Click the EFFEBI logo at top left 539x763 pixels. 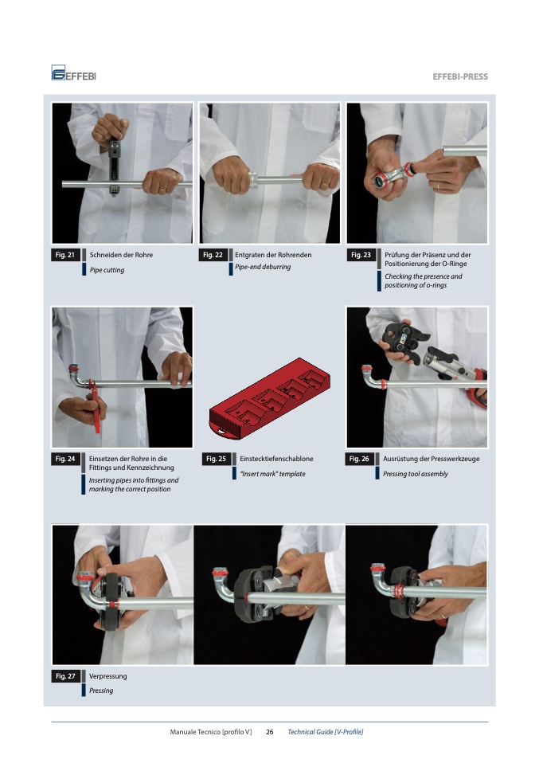coord(73,73)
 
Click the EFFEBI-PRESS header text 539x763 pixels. coord(459,76)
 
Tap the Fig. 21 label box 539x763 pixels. coord(65,255)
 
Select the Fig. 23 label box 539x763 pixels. coord(361,255)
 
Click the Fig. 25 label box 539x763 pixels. coord(216,459)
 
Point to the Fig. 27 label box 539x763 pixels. coord(65,676)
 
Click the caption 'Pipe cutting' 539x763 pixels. coord(107,270)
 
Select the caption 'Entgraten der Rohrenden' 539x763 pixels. coord(273,255)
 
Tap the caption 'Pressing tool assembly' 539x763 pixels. coord(416,474)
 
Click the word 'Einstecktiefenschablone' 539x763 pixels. coord(276,459)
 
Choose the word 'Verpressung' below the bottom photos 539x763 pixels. coord(108,676)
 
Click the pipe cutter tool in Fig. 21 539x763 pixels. coord(115,166)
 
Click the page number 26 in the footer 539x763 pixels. coord(269,732)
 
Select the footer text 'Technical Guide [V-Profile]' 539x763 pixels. coord(326,732)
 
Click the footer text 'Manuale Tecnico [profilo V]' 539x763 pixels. coord(211,732)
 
